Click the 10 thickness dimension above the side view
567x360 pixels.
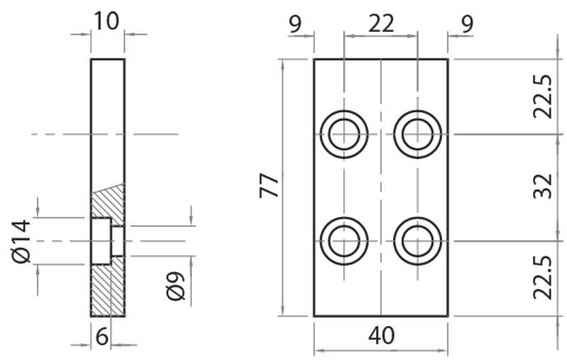[106, 21]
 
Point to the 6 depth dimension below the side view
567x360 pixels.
[102, 338]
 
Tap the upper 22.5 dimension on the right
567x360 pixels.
[542, 96]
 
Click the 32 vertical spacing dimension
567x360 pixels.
[542, 187]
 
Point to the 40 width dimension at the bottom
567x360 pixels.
[381, 335]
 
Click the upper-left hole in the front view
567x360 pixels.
[344, 133]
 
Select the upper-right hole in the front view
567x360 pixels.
[418, 133]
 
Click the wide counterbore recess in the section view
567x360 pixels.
[101, 241]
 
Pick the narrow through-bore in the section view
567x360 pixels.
[118, 241]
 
